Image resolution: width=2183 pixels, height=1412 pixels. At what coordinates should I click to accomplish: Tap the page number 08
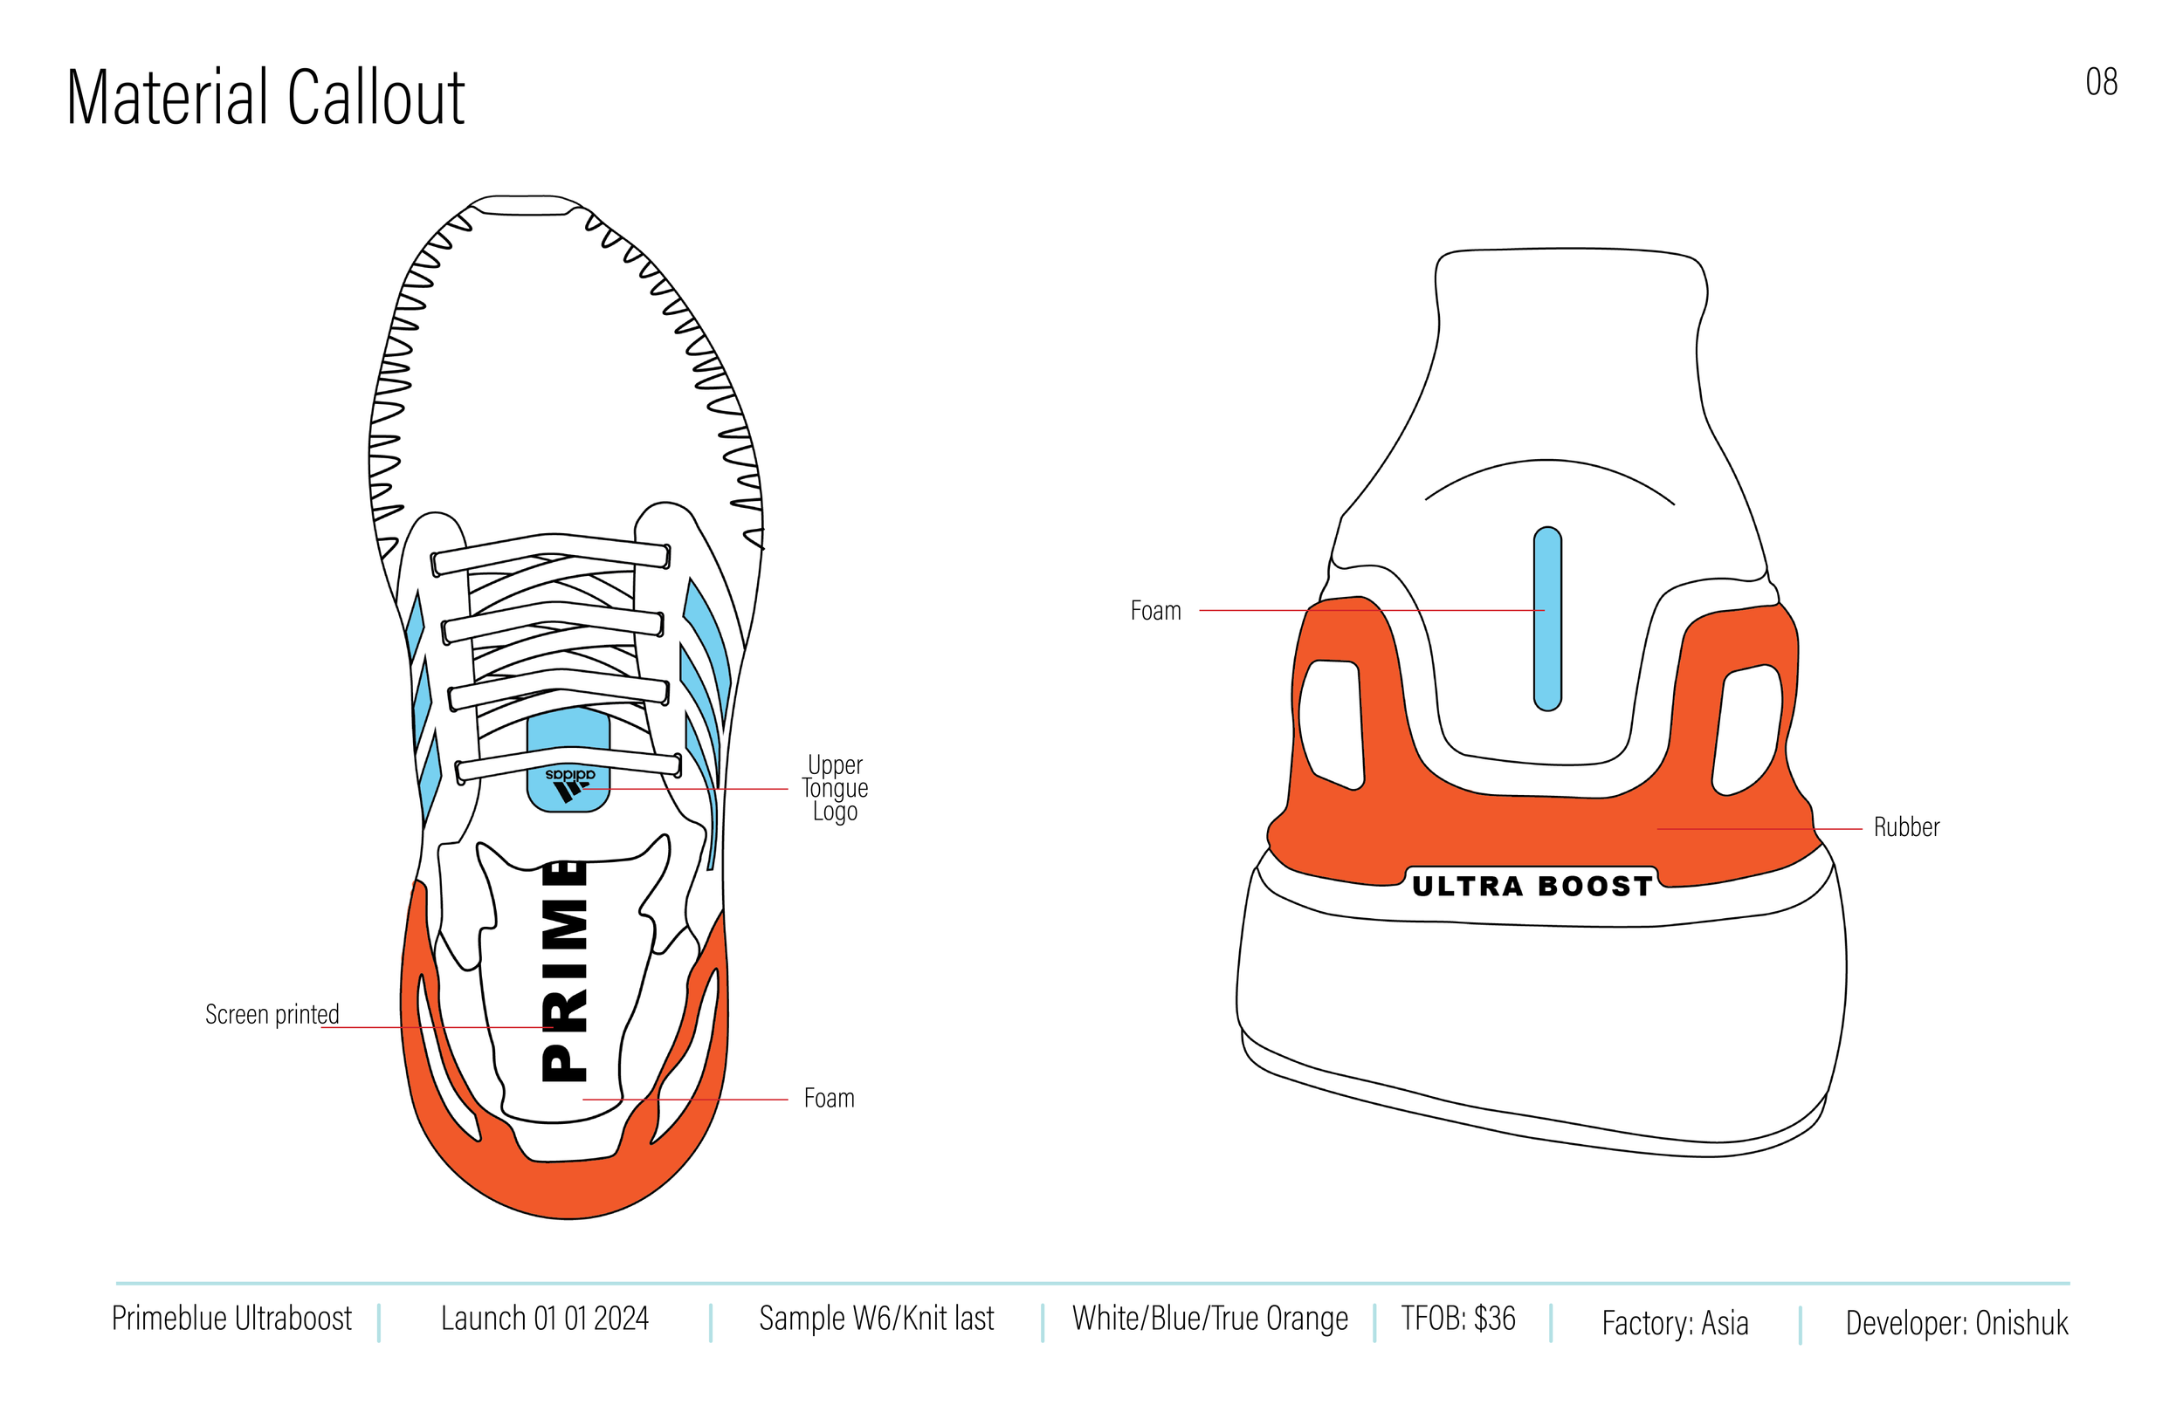click(x=2100, y=83)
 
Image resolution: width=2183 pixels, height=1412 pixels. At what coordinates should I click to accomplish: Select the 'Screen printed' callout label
click(x=272, y=1014)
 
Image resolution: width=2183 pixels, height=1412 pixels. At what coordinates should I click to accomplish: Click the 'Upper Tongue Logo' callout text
click(x=835, y=788)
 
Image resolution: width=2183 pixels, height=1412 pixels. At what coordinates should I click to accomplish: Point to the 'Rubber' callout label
click(x=1906, y=827)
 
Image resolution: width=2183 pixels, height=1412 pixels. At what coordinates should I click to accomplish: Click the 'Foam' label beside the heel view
click(x=1154, y=611)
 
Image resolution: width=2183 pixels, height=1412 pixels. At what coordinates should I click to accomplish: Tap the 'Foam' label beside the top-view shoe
click(x=829, y=1098)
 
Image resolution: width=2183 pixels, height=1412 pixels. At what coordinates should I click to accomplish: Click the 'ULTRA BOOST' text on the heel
click(x=1532, y=886)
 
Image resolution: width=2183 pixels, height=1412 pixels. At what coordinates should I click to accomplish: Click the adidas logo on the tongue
click(x=569, y=785)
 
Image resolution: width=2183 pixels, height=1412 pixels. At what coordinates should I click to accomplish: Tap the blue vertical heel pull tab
click(x=1547, y=619)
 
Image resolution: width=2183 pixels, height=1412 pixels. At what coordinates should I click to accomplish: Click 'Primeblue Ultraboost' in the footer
click(x=231, y=1319)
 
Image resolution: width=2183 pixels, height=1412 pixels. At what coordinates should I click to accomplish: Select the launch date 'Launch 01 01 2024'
click(x=544, y=1319)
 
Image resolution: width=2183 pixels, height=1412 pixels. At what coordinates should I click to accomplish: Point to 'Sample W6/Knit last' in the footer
click(x=876, y=1319)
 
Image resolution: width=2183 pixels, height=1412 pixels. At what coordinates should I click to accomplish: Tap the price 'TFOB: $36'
click(x=1457, y=1319)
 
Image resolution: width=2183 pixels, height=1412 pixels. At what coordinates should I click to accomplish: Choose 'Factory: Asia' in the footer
click(x=1674, y=1323)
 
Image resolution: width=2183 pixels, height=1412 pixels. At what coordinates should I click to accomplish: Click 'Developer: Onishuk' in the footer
click(x=1957, y=1323)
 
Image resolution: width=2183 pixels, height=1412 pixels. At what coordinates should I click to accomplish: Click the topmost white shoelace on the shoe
click(x=550, y=551)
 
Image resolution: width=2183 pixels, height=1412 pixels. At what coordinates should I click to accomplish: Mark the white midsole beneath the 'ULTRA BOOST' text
click(x=1541, y=1018)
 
